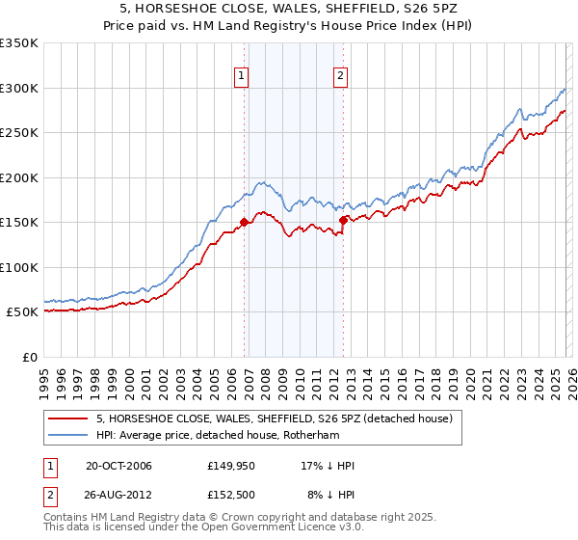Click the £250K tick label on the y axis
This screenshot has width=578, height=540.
[x=19, y=133]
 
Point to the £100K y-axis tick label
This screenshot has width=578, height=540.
[x=19, y=267]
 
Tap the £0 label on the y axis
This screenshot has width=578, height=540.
[x=29, y=357]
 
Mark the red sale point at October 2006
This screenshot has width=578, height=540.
[x=244, y=223]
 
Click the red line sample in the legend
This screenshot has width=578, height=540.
[x=69, y=418]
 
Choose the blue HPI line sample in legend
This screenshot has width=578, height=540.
[x=69, y=435]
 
